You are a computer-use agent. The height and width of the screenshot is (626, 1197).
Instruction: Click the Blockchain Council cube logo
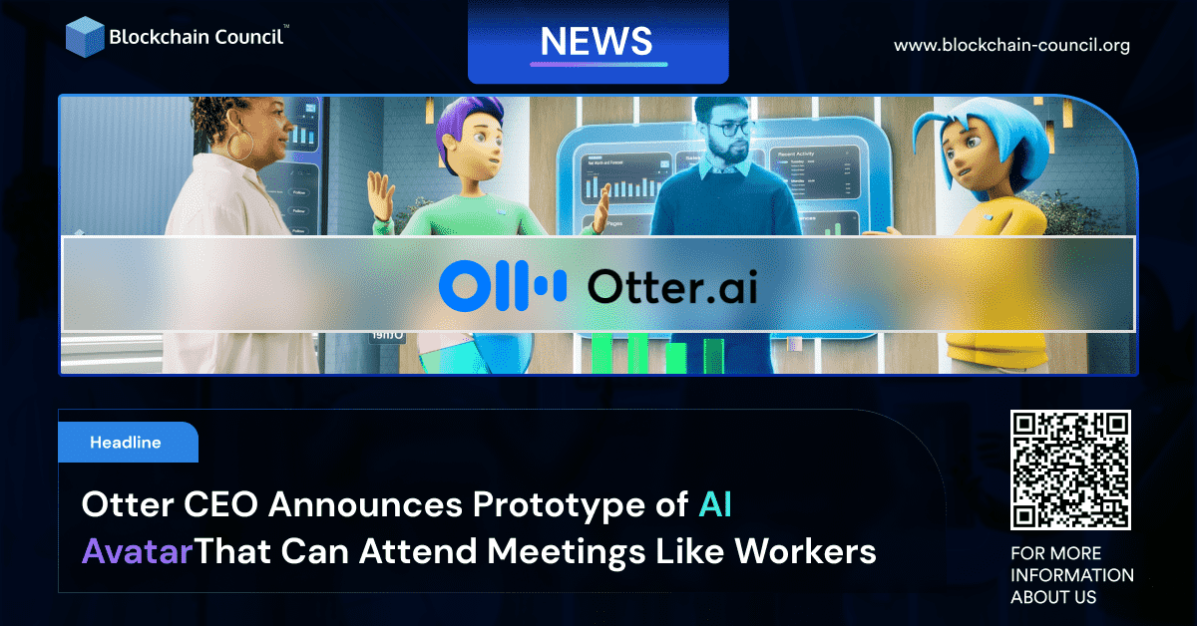pyautogui.click(x=86, y=36)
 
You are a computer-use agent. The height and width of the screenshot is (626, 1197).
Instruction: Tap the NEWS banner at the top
pyautogui.click(x=598, y=41)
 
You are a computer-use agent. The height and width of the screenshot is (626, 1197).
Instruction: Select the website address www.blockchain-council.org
pyautogui.click(x=1011, y=46)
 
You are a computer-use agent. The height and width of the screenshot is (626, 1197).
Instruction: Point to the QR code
pyautogui.click(x=1070, y=469)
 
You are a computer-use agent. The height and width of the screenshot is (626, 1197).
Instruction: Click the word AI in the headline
pyautogui.click(x=715, y=505)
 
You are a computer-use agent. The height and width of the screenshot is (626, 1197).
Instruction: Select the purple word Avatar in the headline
pyautogui.click(x=136, y=550)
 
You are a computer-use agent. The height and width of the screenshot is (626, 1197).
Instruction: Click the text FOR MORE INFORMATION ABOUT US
pyautogui.click(x=1071, y=575)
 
